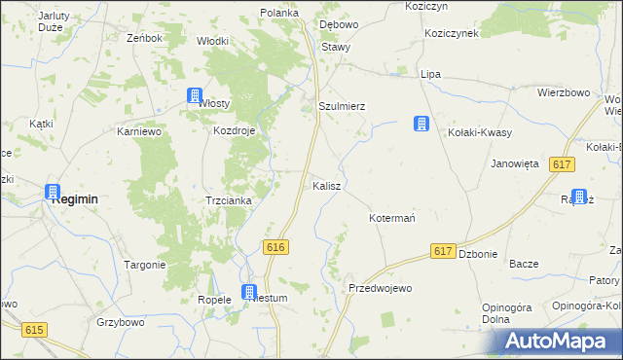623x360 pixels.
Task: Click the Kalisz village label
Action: pyautogui.click(x=325, y=185)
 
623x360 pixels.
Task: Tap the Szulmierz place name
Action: pyautogui.click(x=342, y=105)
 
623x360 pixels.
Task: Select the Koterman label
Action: pyautogui.click(x=392, y=218)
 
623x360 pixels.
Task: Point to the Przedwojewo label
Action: pyautogui.click(x=381, y=288)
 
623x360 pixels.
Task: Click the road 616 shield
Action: pyautogui.click(x=275, y=248)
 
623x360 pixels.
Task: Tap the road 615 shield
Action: pyautogui.click(x=35, y=331)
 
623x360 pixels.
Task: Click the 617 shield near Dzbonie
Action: pyautogui.click(x=443, y=251)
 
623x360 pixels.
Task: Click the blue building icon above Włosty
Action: pyautogui.click(x=195, y=95)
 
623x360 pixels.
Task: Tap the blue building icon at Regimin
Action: pyautogui.click(x=54, y=194)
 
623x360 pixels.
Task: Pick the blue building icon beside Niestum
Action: pyautogui.click(x=250, y=291)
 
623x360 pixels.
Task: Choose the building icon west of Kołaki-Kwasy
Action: pyautogui.click(x=421, y=123)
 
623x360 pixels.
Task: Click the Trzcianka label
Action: pyautogui.click(x=229, y=200)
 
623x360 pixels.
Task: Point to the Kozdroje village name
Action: pyautogui.click(x=234, y=130)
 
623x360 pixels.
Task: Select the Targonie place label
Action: pyautogui.click(x=145, y=265)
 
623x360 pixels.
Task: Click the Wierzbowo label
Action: pyautogui.click(x=565, y=92)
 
